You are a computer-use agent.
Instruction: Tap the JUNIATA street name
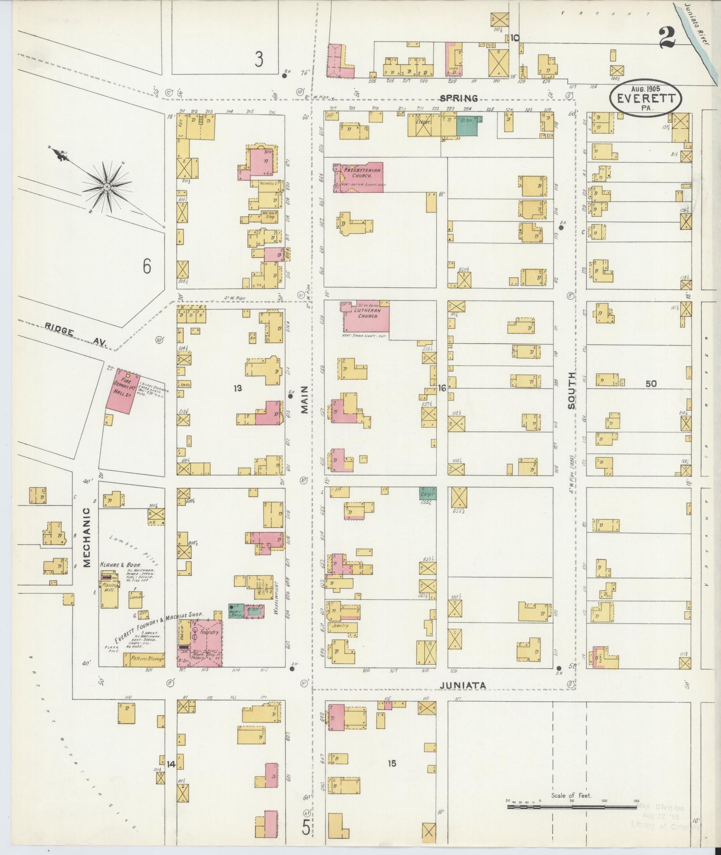coord(463,685)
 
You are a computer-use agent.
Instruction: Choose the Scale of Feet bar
coord(572,807)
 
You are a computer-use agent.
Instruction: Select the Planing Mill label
coord(110,587)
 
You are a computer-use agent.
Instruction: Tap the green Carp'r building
coord(428,493)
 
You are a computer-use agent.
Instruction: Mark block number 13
coord(237,388)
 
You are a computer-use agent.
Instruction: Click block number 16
coord(442,388)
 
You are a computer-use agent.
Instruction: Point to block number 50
coord(651,383)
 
